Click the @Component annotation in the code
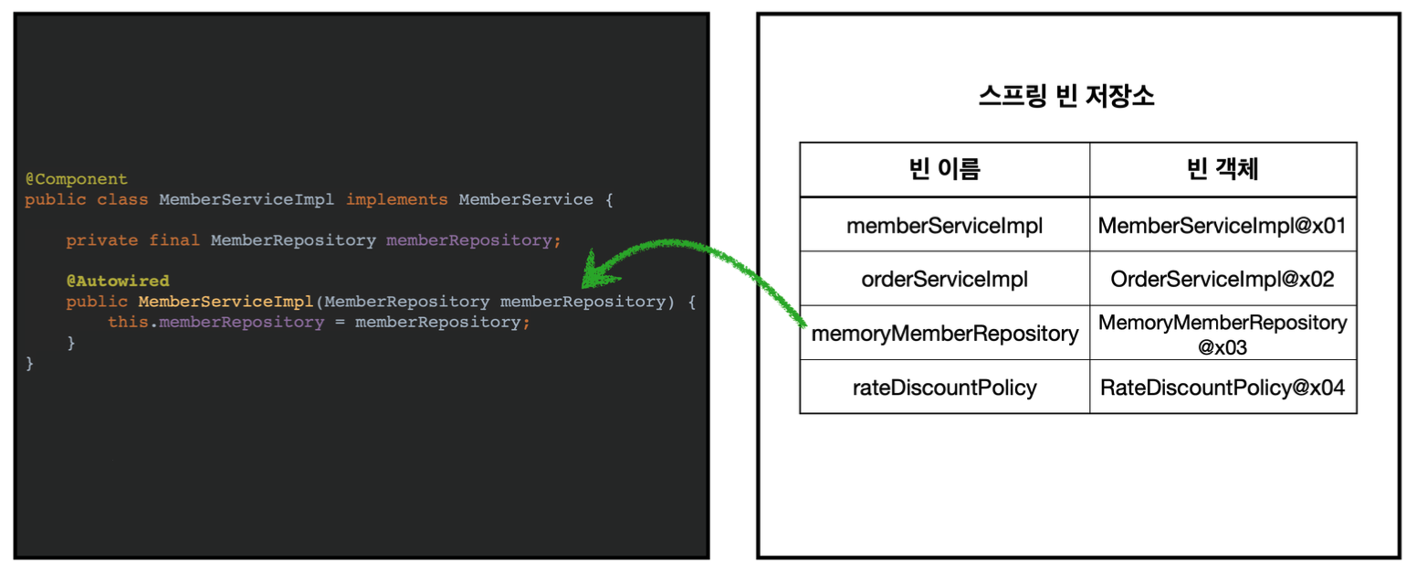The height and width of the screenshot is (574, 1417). point(76,179)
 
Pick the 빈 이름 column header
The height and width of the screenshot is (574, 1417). point(944,169)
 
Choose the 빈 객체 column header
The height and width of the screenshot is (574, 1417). point(1223,169)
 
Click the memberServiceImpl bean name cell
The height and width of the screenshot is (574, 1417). point(944,224)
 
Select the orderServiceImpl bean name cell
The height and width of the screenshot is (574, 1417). point(944,279)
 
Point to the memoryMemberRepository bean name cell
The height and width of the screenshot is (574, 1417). point(944,334)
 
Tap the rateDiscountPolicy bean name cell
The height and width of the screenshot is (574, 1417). point(944,388)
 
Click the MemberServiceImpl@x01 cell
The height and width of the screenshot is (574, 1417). point(1223,224)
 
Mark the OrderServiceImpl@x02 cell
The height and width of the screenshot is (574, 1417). point(1223,279)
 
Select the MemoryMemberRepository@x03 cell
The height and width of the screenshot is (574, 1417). point(1223,334)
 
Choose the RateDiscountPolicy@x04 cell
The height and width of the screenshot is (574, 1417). point(1223,388)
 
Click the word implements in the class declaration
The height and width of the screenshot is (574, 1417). point(397,200)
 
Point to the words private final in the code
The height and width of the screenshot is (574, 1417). point(133,240)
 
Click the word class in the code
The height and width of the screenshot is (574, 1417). point(128,200)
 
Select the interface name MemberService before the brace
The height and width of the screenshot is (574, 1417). point(525,200)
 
